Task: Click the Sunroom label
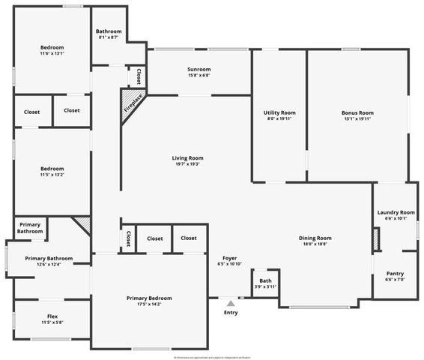coord(199,70)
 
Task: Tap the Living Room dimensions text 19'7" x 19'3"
coord(187,164)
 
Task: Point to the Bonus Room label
coord(357,112)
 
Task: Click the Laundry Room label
coord(396,212)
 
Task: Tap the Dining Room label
coord(315,238)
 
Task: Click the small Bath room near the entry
coord(264,283)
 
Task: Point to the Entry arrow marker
coord(231,303)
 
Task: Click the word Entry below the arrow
coord(231,313)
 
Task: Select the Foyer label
coord(230,258)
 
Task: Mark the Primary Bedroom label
coord(149,298)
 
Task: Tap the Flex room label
coord(52,316)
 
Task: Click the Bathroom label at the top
coord(109,31)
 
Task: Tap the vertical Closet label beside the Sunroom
coord(139,76)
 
